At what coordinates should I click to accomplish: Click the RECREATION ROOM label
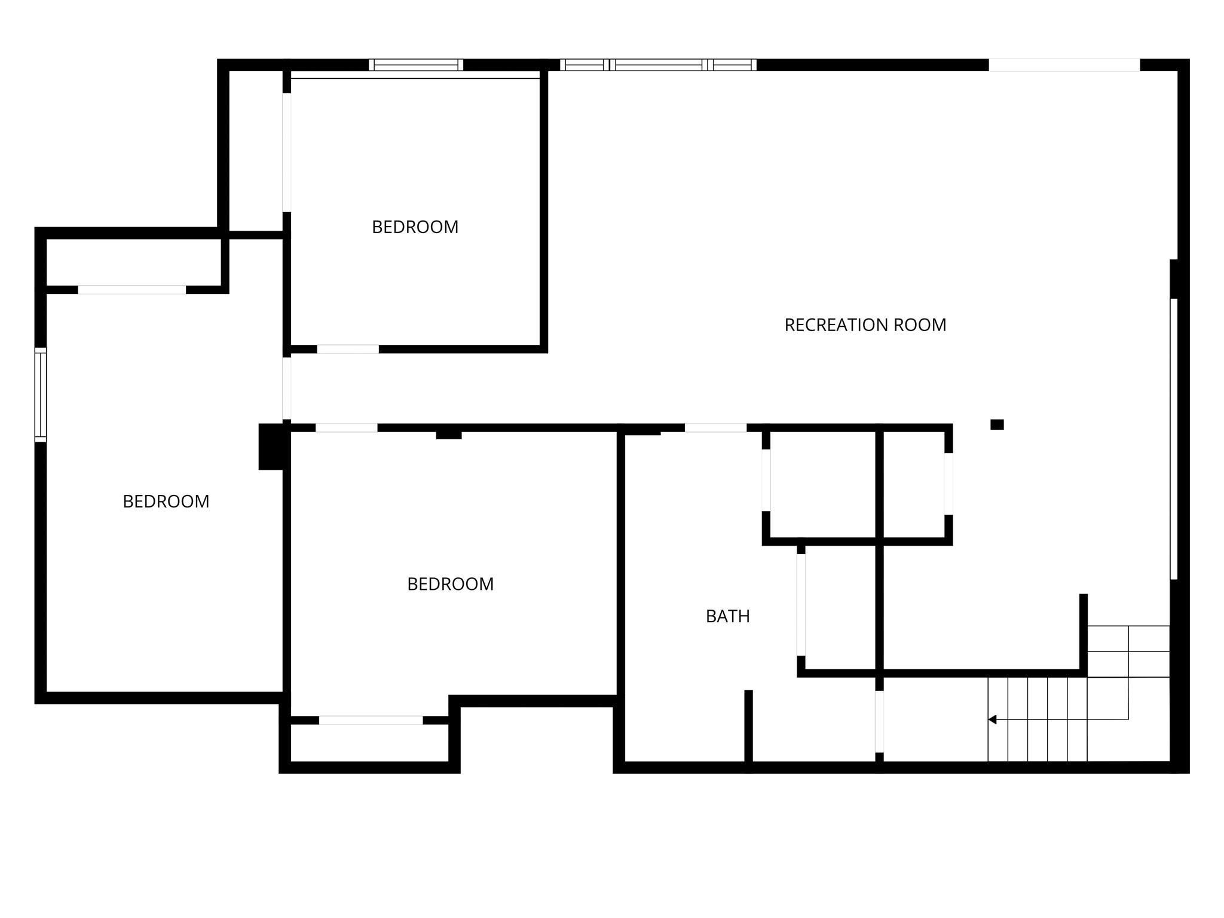865,325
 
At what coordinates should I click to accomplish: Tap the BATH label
727,616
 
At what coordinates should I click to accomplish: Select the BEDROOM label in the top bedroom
415,227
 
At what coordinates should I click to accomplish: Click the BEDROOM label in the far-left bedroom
166,501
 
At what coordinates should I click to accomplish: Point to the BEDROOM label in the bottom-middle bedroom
450,584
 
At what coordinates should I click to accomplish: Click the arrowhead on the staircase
993,720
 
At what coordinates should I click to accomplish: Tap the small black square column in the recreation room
997,424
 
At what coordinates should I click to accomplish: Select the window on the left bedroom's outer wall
41,395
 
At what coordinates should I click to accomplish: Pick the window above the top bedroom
416,65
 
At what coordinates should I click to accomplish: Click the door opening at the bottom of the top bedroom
348,349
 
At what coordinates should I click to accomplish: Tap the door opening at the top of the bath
715,428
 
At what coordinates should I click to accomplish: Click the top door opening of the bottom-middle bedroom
347,428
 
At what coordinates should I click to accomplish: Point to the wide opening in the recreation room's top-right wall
1064,65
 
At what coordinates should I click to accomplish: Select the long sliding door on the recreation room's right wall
1173,439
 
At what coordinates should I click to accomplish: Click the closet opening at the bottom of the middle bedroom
371,720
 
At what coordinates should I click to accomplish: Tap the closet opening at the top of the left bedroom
132,290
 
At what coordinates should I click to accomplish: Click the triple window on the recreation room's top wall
658,65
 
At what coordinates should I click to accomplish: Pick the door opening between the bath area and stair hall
879,721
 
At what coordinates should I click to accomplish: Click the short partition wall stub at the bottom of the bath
748,726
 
